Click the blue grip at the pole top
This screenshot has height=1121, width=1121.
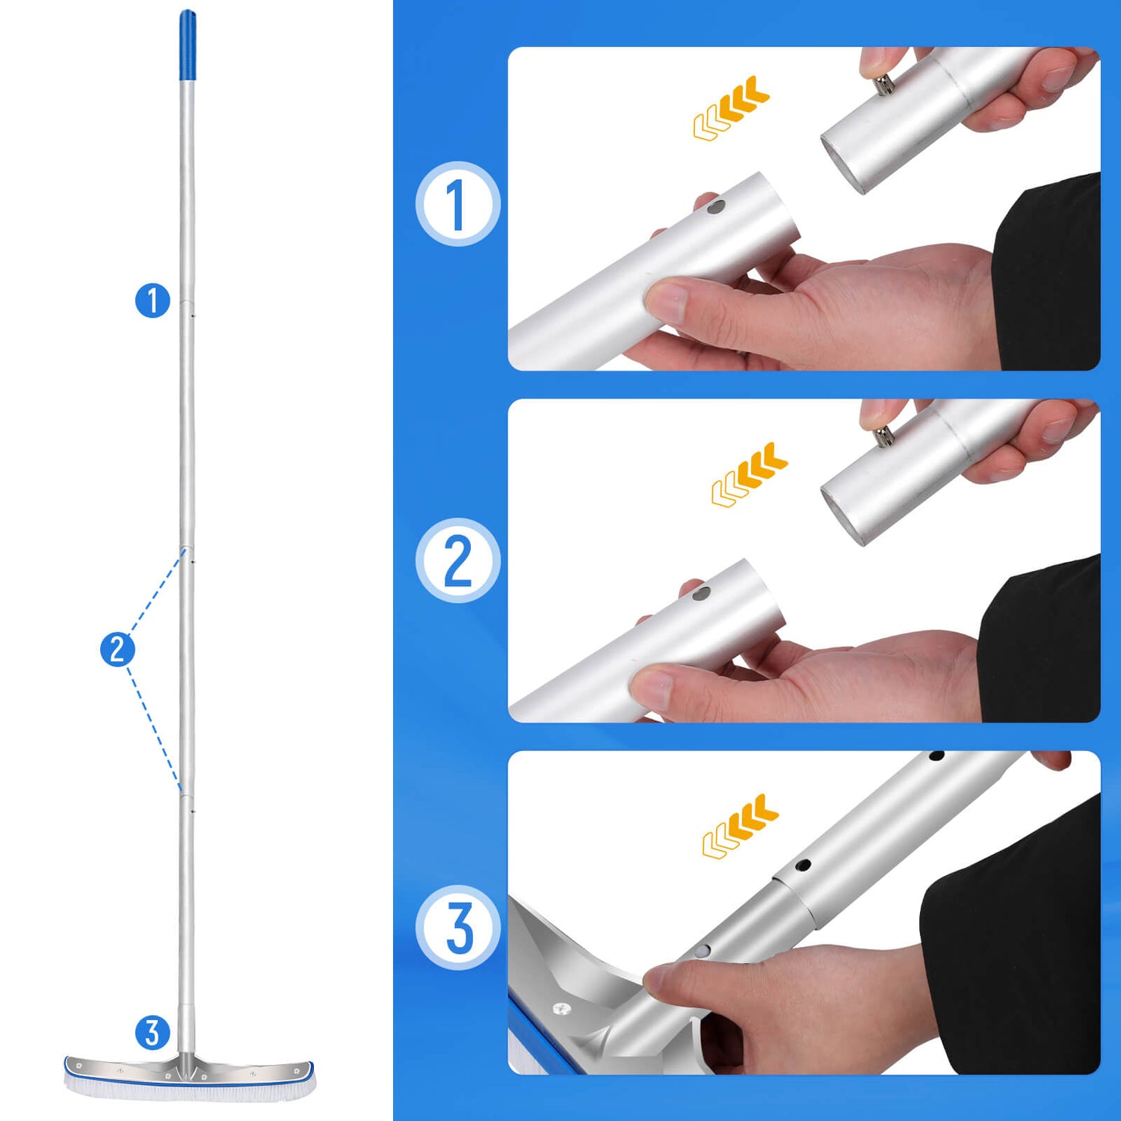[x=188, y=45]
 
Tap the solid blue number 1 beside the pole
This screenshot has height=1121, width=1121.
[x=152, y=300]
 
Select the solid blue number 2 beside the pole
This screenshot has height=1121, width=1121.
[x=117, y=649]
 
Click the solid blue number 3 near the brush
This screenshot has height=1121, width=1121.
[x=152, y=1033]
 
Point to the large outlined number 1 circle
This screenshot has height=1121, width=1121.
[x=458, y=203]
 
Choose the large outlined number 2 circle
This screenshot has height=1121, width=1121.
[x=458, y=560]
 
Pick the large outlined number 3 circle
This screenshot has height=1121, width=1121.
[x=458, y=927]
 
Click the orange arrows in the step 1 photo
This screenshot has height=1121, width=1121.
[x=731, y=108]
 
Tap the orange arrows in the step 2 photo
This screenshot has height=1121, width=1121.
[x=750, y=475]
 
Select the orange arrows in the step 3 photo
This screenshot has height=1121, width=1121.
[x=740, y=826]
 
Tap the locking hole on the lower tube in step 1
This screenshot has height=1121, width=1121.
[x=715, y=206]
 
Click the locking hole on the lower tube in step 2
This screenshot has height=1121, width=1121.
[x=701, y=595]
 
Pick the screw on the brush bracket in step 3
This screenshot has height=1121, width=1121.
[x=561, y=1009]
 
